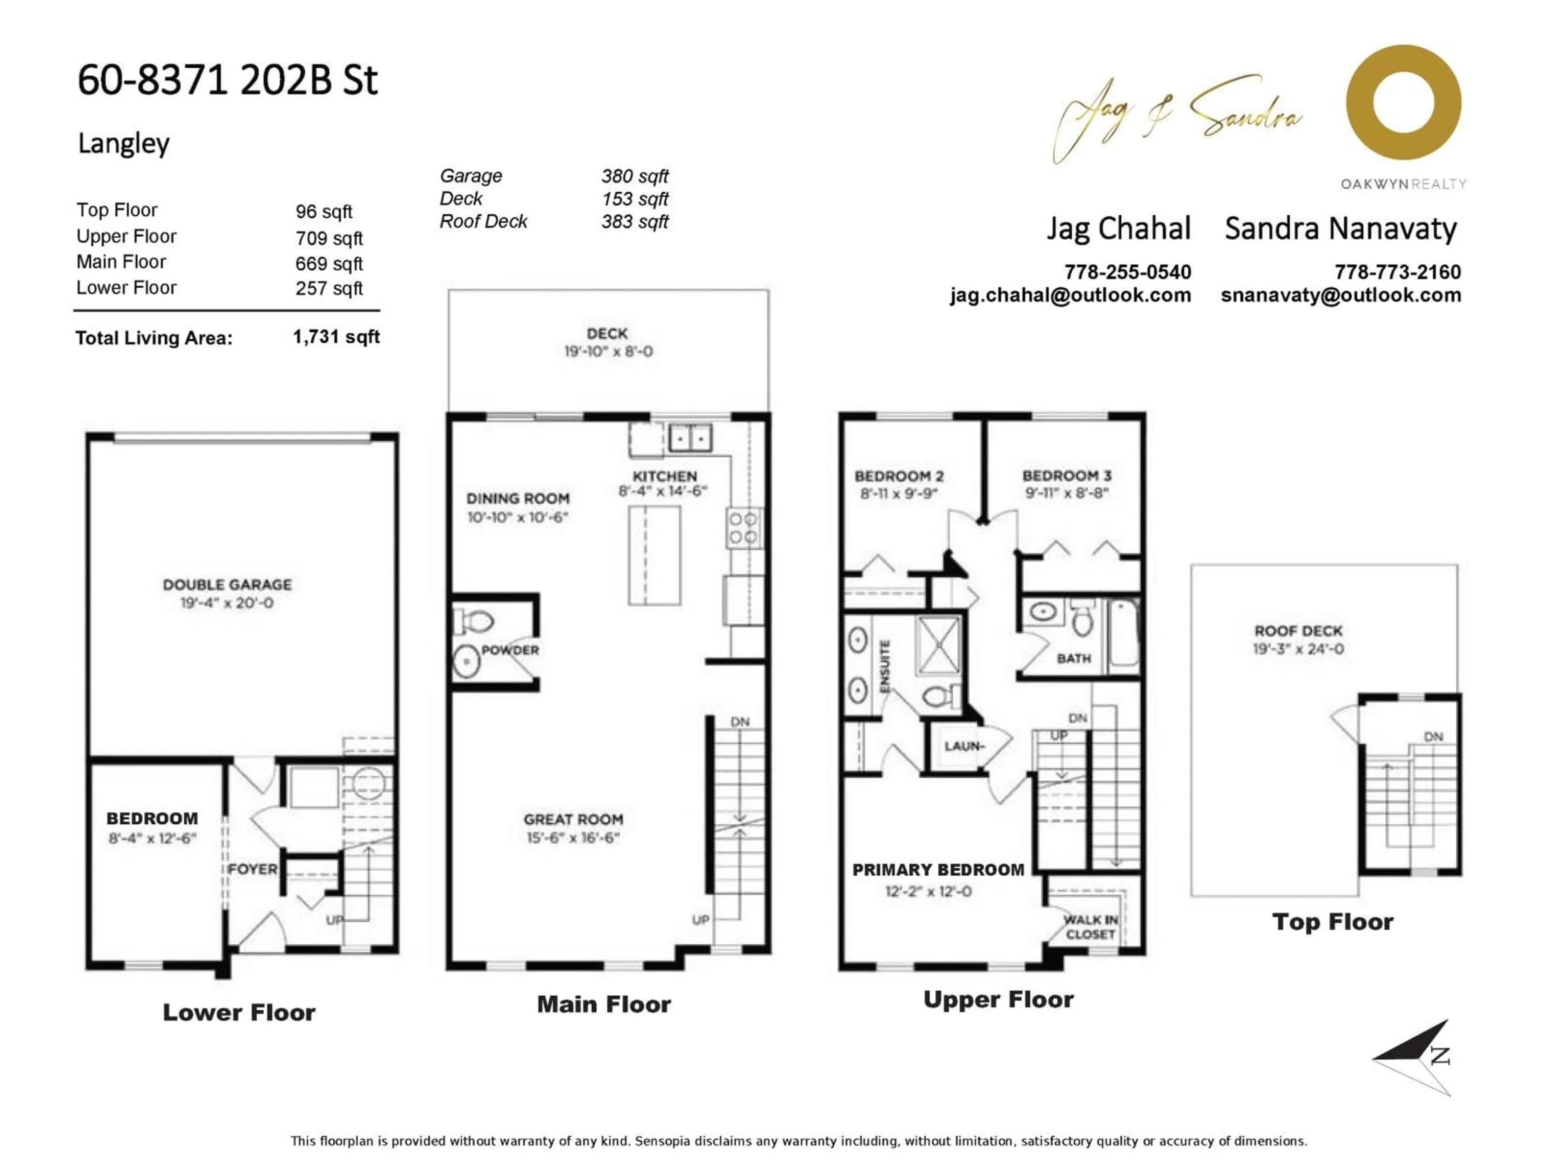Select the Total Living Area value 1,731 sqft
coord(336,337)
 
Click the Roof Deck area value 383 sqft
coord(635,222)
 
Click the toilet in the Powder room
coord(476,621)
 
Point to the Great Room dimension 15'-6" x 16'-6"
coord(573,838)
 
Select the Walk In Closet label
coord(1090,927)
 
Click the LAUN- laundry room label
coord(964,746)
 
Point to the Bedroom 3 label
coord(1067,476)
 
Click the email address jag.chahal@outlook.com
coord(1070,295)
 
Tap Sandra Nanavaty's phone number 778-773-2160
coord(1397,272)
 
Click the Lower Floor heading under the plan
coord(239,1012)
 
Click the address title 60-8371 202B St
coord(228,80)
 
